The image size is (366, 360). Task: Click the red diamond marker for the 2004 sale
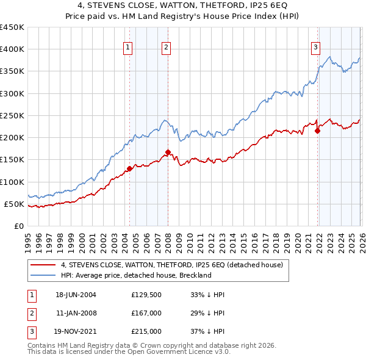coord(129,168)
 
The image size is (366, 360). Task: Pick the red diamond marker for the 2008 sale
coord(168,152)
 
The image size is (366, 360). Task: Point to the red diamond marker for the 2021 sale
coord(317,131)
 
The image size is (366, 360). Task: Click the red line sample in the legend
coord(43,265)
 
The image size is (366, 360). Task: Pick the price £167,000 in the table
coord(146,314)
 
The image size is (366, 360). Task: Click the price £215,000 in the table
coord(146,333)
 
